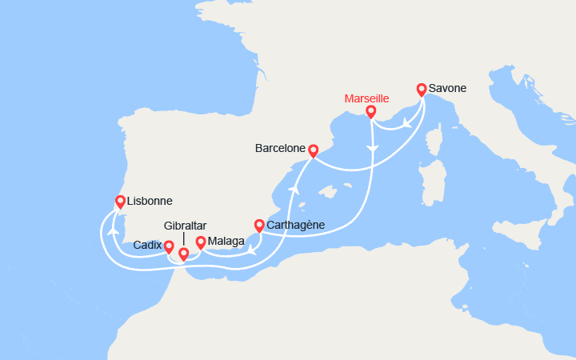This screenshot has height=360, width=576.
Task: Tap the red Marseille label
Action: click(366, 98)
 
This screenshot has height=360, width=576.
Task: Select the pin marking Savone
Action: click(422, 89)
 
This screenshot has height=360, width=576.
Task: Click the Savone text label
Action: click(448, 88)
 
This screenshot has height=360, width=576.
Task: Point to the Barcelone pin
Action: click(314, 150)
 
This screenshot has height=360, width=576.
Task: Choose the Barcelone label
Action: click(281, 149)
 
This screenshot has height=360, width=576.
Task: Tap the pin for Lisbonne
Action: click(120, 202)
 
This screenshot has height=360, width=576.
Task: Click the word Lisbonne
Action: click(150, 202)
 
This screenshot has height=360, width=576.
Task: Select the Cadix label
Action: click(148, 245)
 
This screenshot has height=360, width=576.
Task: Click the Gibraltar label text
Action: click(186, 226)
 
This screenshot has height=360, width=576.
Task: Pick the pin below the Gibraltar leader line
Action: click(183, 254)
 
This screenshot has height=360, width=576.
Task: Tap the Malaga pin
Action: click(200, 241)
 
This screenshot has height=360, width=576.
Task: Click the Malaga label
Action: click(226, 241)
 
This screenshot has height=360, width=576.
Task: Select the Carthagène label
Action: click(295, 225)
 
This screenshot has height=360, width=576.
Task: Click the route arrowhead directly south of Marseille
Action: click(371, 150)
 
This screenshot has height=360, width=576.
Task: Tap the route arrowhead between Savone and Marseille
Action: click(407, 123)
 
